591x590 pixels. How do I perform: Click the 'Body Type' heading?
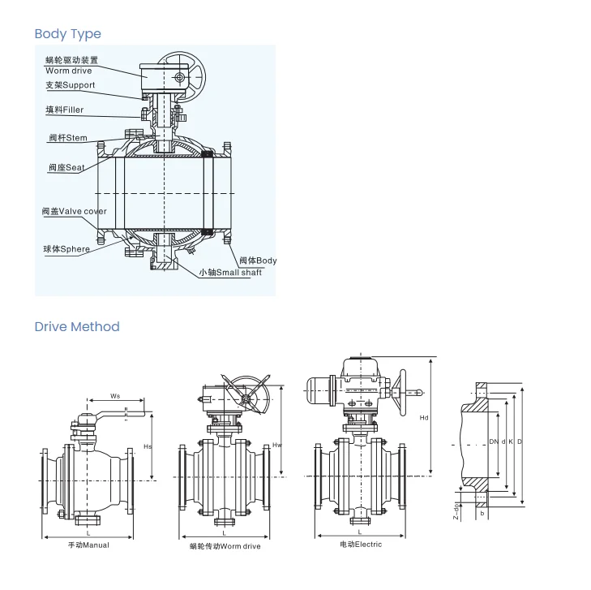point(67,33)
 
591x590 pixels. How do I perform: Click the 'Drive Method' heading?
point(76,326)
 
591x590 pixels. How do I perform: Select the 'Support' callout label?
point(70,85)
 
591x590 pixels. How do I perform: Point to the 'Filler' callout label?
point(64,110)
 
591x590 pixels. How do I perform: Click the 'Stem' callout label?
point(67,138)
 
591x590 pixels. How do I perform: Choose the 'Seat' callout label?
point(66,168)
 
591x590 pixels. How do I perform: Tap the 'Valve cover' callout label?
point(74,211)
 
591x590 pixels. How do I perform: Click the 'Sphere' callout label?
point(66,249)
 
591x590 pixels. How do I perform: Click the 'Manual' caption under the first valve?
point(88,545)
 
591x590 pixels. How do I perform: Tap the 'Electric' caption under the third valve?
point(361,544)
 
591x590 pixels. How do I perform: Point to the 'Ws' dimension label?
point(115,396)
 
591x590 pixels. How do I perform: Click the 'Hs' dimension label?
point(147,446)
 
